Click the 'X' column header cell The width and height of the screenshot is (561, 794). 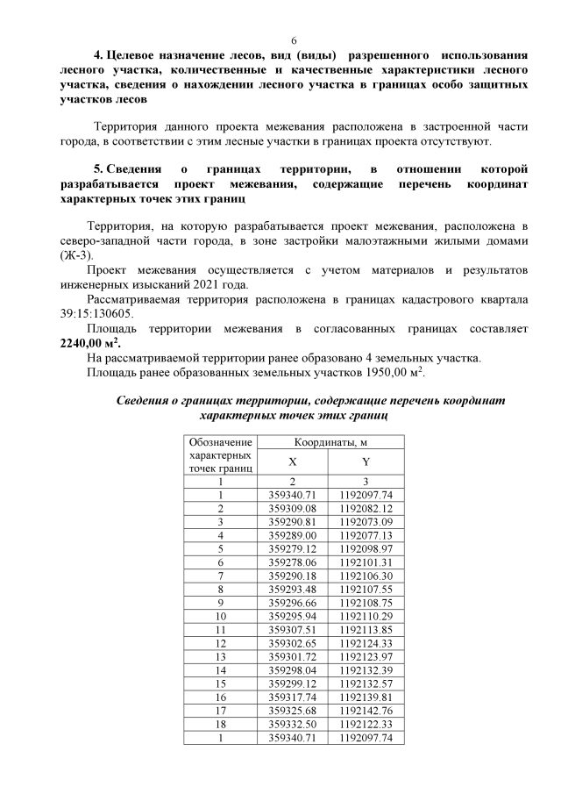tap(292, 461)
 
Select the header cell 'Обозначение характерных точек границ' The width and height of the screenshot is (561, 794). tap(221, 455)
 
